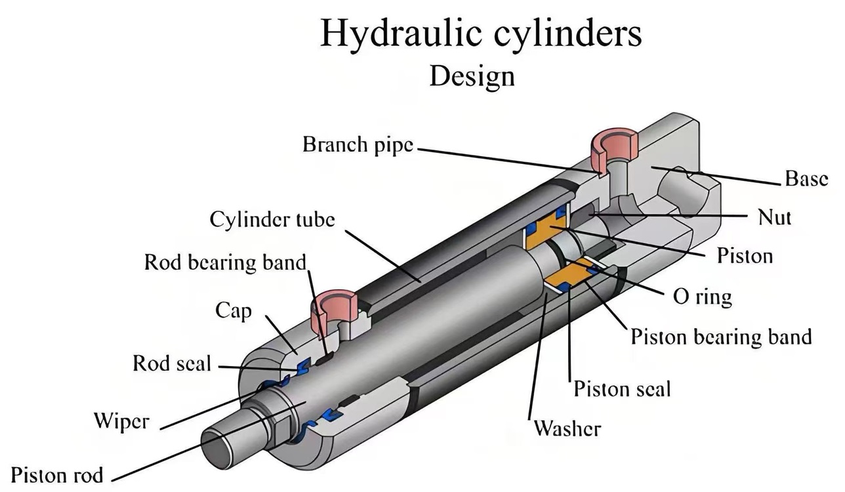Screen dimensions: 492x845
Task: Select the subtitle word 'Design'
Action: pyautogui.click(x=472, y=76)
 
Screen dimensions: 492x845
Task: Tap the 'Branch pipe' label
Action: pyautogui.click(x=358, y=145)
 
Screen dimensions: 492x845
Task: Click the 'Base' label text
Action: pyautogui.click(x=806, y=179)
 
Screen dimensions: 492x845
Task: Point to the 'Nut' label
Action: pyautogui.click(x=774, y=217)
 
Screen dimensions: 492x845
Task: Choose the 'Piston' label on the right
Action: pyautogui.click(x=745, y=255)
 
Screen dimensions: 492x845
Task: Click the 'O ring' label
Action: pyautogui.click(x=702, y=297)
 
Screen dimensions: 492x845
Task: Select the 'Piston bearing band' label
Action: pyautogui.click(x=721, y=337)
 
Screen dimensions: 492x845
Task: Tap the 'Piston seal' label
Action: pyautogui.click(x=622, y=389)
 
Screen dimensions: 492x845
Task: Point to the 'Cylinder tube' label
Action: pyautogui.click(x=272, y=220)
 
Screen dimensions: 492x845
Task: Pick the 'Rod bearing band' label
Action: pyautogui.click(x=226, y=262)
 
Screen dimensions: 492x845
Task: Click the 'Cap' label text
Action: pyautogui.click(x=233, y=311)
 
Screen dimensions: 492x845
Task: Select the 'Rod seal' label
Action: pyautogui.click(x=172, y=363)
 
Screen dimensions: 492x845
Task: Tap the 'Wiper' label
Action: pyautogui.click(x=121, y=420)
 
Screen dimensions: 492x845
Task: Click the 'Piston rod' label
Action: pyautogui.click(x=58, y=474)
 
